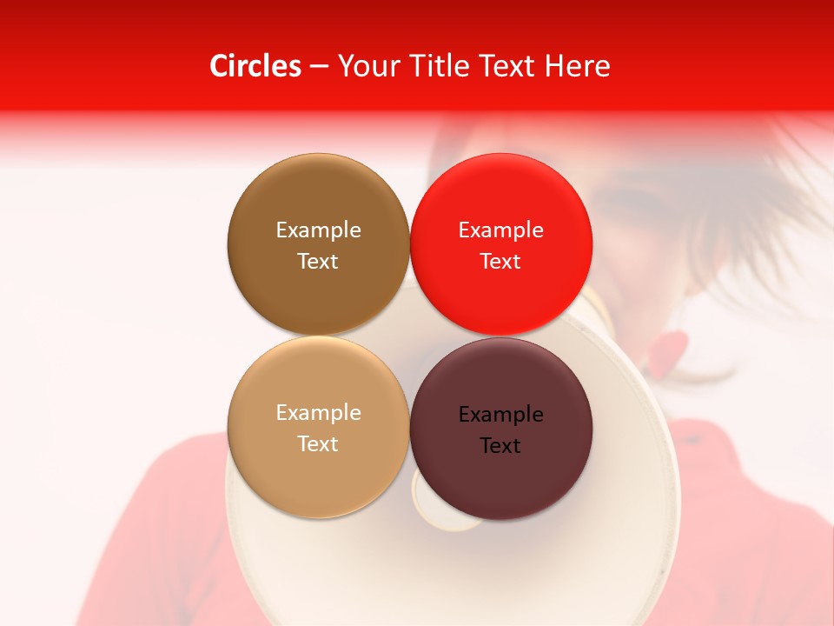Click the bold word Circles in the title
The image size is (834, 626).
pyautogui.click(x=255, y=66)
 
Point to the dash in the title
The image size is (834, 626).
pyautogui.click(x=319, y=67)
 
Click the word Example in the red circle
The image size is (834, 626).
pyautogui.click(x=501, y=230)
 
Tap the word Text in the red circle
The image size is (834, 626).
pyautogui.click(x=501, y=261)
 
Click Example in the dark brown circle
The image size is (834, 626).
pyautogui.click(x=318, y=230)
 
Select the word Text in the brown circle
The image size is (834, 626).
pyautogui.click(x=318, y=261)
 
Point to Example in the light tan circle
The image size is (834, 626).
pyautogui.click(x=318, y=413)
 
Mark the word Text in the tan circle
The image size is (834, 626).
pyautogui.click(x=318, y=443)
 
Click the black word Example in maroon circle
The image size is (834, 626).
pyautogui.click(x=501, y=415)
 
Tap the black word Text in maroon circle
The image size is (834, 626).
pyautogui.click(x=501, y=445)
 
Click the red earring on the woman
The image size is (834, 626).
pyautogui.click(x=668, y=353)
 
